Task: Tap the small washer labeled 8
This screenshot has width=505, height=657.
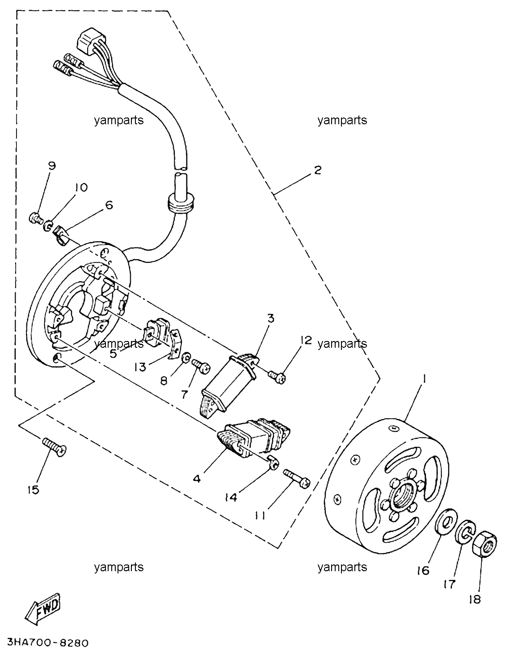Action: (x=186, y=358)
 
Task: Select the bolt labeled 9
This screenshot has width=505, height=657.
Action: (x=36, y=218)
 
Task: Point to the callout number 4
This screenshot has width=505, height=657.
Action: (x=197, y=479)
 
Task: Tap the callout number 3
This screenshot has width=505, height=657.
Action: (x=270, y=318)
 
